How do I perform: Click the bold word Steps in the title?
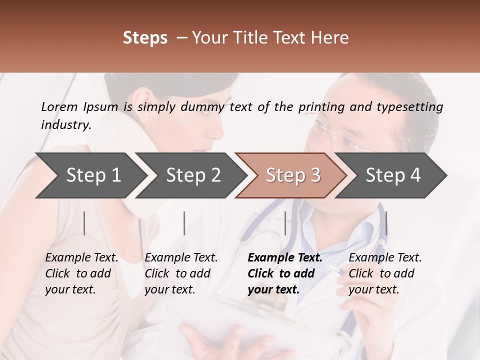click(x=145, y=38)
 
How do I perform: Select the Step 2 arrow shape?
click(x=190, y=175)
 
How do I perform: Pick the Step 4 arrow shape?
click(x=392, y=175)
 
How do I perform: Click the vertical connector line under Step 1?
click(x=84, y=223)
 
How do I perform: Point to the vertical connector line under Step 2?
click(x=184, y=223)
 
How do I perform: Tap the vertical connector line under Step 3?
click(x=285, y=223)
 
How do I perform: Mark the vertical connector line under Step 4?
click(x=386, y=223)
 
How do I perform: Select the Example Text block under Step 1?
click(x=81, y=273)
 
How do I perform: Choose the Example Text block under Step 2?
click(x=181, y=273)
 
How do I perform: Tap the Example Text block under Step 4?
click(x=385, y=273)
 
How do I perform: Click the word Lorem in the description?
click(x=59, y=107)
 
